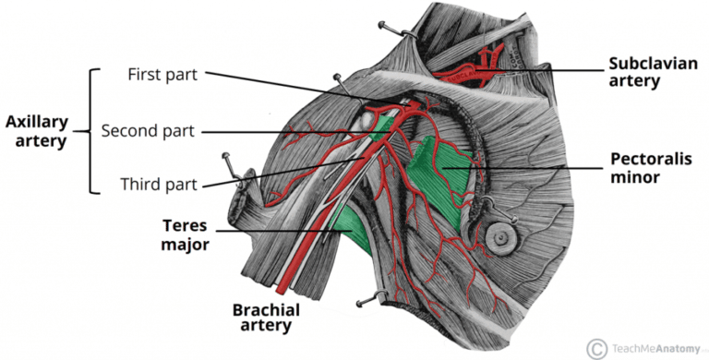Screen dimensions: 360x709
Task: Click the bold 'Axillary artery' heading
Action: click(36, 131)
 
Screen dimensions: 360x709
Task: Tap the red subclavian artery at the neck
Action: click(471, 68)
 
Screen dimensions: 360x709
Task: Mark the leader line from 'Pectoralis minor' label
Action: click(526, 167)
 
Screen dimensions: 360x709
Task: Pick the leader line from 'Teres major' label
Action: click(268, 231)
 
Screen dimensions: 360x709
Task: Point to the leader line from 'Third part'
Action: click(277, 171)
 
